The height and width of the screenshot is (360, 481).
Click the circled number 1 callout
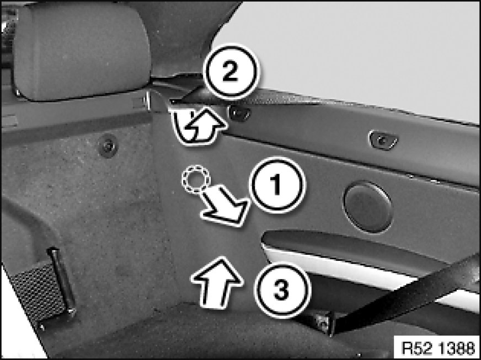(x=277, y=185)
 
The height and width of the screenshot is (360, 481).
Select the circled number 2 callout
(x=231, y=72)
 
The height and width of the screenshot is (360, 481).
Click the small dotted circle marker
(x=195, y=179)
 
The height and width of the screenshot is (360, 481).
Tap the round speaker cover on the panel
(x=368, y=207)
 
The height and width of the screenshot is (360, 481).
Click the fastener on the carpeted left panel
(x=108, y=146)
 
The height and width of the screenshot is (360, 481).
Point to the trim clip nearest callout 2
(x=239, y=113)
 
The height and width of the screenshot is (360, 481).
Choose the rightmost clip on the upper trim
(x=383, y=141)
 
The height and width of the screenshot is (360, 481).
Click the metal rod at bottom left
(x=61, y=281)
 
